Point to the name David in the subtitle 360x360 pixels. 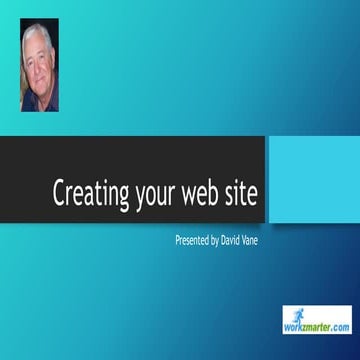236,241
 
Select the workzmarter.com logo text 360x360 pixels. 317,327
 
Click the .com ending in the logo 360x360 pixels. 339,327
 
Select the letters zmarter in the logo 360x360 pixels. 319,327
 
